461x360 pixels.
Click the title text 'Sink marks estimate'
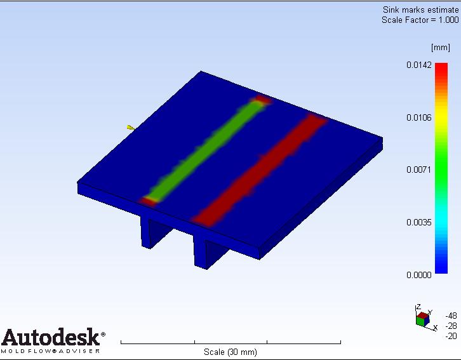tap(420, 10)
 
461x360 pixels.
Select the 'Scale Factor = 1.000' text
tap(420, 20)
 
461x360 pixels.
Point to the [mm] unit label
tap(440, 48)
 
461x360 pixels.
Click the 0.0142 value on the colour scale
tap(419, 65)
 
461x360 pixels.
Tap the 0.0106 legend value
tap(419, 117)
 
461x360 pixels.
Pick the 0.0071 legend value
tap(419, 170)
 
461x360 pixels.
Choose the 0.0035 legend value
tap(419, 222)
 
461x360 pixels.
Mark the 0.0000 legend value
tap(419, 275)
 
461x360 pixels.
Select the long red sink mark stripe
tap(260, 168)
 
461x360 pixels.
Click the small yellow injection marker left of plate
tap(130, 128)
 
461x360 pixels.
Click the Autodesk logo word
tap(51, 337)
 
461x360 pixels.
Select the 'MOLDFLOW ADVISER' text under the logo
tap(51, 350)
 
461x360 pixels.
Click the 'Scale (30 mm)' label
tap(230, 352)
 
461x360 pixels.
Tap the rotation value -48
tap(451, 316)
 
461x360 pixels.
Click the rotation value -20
tap(451, 336)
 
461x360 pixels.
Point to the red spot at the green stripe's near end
tap(149, 201)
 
